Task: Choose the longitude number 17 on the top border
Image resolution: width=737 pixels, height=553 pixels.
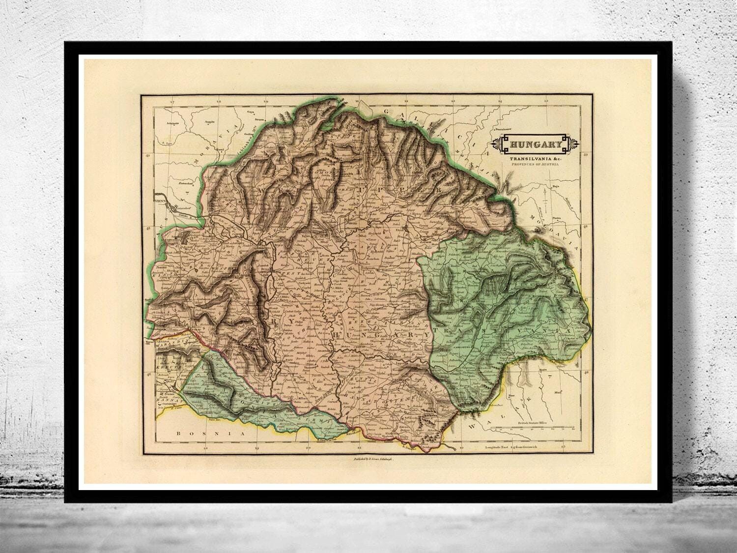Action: click(171, 102)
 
